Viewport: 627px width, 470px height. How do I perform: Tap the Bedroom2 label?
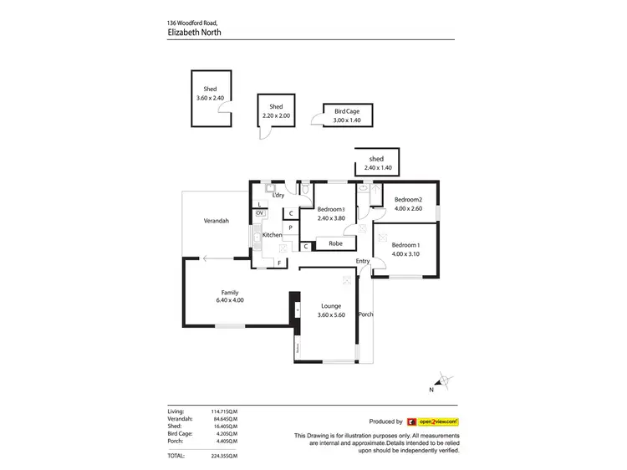(x=409, y=199)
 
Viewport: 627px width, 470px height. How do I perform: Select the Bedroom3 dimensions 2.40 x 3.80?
(x=331, y=217)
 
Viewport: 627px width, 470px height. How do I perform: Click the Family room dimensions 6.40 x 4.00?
(x=230, y=300)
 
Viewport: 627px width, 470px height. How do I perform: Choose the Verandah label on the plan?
(x=217, y=221)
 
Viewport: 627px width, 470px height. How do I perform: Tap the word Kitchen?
(x=273, y=235)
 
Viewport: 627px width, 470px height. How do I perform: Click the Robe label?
(x=334, y=243)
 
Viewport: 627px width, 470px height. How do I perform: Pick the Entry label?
(x=362, y=261)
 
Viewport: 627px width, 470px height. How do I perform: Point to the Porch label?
(x=365, y=314)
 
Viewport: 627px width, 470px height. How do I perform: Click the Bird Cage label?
(x=347, y=110)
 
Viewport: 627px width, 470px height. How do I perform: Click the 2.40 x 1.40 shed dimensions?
(x=377, y=168)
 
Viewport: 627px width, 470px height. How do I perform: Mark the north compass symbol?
(x=446, y=381)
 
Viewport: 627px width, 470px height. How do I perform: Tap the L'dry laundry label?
(x=278, y=195)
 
